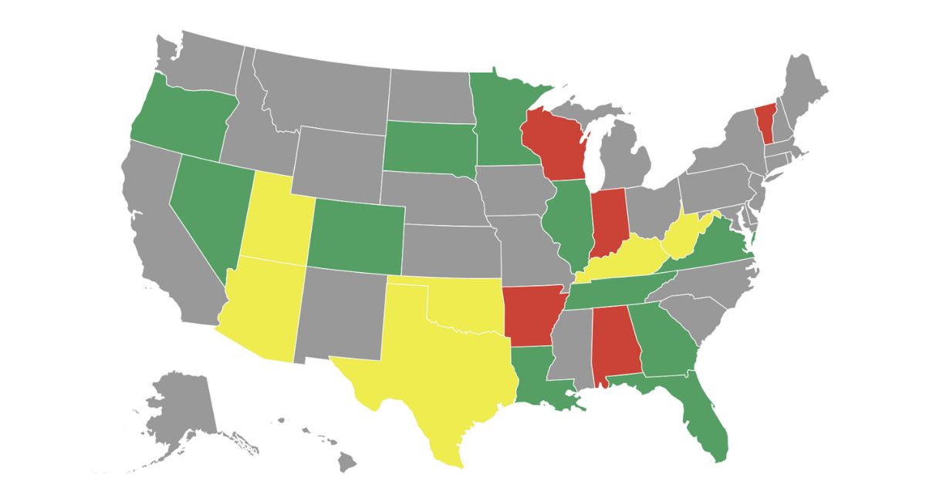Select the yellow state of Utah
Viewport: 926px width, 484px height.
(276, 220)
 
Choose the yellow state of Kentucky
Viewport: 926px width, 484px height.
(625, 262)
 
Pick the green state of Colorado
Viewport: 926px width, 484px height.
(357, 235)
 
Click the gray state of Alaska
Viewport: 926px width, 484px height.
(181, 408)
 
